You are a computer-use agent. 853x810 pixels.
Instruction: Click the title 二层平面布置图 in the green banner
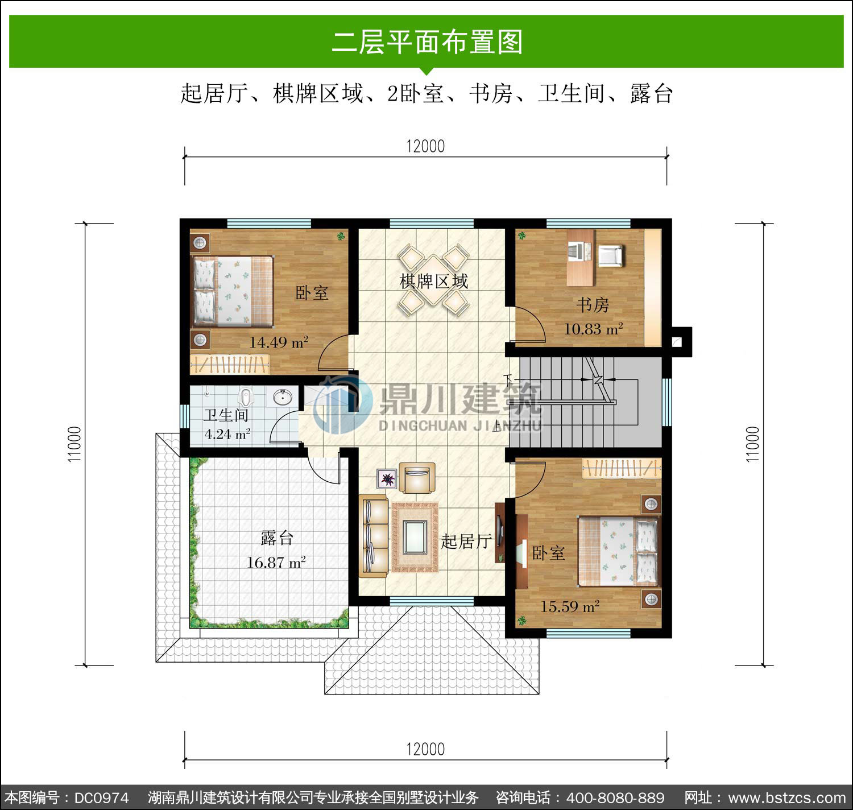pyautogui.click(x=427, y=42)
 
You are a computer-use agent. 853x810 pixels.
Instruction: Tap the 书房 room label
pyautogui.click(x=593, y=305)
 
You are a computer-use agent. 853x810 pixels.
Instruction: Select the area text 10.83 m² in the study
pyautogui.click(x=593, y=329)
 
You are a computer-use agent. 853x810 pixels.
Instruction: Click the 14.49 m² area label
pyautogui.click(x=279, y=342)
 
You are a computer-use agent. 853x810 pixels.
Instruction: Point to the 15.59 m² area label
pyautogui.click(x=570, y=606)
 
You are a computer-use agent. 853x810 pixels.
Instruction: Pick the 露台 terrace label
pyautogui.click(x=277, y=538)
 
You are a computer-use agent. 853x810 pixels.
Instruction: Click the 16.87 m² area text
pyautogui.click(x=276, y=562)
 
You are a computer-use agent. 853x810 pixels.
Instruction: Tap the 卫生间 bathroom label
pyautogui.click(x=226, y=415)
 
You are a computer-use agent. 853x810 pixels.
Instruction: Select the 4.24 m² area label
pyautogui.click(x=227, y=433)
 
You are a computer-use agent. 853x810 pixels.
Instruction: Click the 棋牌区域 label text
pyautogui.click(x=434, y=282)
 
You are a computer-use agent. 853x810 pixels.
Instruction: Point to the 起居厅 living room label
pyautogui.click(x=466, y=542)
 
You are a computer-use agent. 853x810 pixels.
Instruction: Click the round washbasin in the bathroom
pyautogui.click(x=283, y=397)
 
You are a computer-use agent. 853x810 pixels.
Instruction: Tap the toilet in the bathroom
pyautogui.click(x=246, y=396)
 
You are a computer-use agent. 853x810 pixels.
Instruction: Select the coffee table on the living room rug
pyautogui.click(x=415, y=537)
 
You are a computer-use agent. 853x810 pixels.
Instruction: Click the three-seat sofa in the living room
pyautogui.click(x=373, y=536)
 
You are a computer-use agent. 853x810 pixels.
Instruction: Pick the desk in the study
pyautogui.click(x=581, y=258)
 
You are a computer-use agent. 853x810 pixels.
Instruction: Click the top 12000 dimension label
pyautogui.click(x=425, y=146)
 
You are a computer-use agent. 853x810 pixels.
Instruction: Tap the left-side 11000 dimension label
pyautogui.click(x=74, y=444)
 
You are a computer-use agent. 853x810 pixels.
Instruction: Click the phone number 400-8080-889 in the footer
pyautogui.click(x=615, y=797)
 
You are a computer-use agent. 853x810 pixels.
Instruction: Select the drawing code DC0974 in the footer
pyautogui.click(x=102, y=798)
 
